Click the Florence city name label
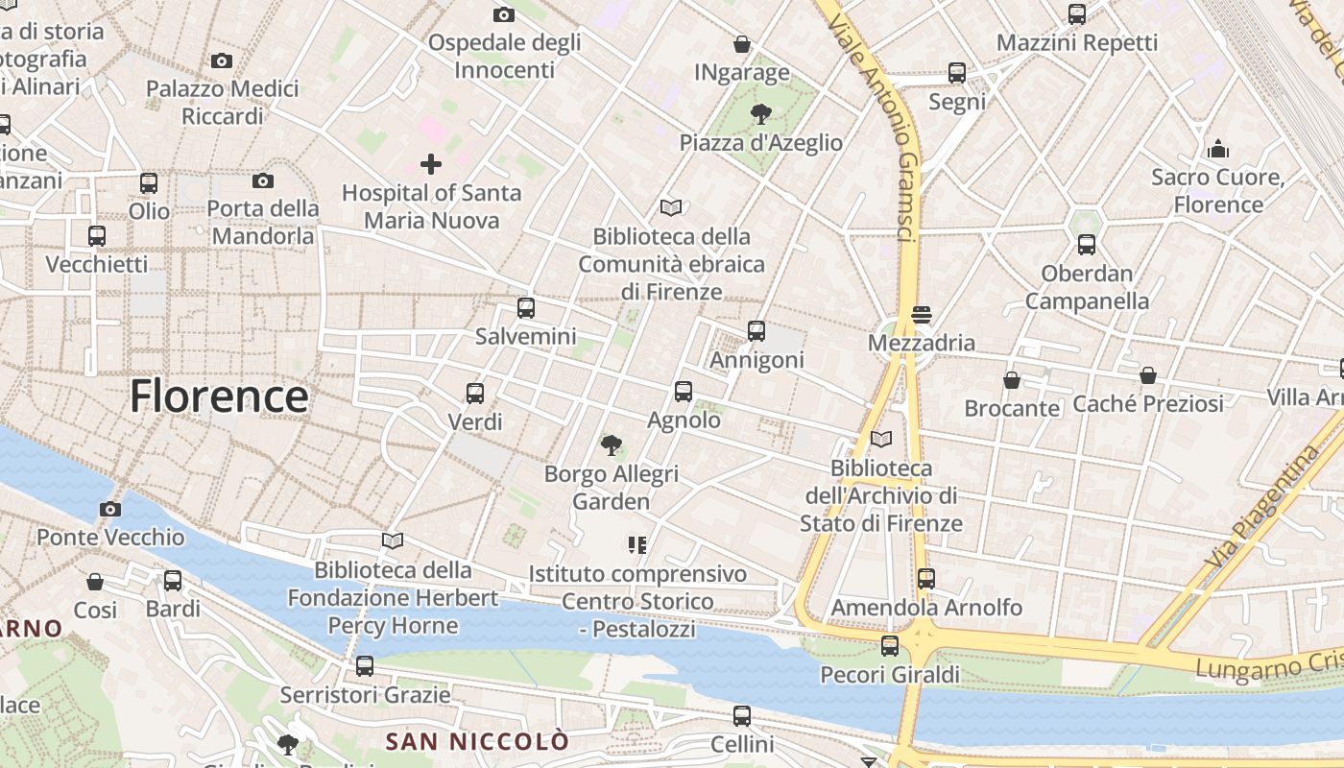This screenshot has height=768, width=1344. (x=219, y=396)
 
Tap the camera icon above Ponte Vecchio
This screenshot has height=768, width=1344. (x=110, y=509)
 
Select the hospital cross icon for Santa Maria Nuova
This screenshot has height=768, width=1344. (x=431, y=164)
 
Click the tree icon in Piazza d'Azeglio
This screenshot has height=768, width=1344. (x=761, y=115)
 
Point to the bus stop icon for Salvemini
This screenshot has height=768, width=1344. (x=526, y=308)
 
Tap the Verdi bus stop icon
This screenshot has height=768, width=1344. (x=475, y=393)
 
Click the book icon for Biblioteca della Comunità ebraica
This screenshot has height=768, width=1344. (x=671, y=207)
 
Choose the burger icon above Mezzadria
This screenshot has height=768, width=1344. (x=922, y=314)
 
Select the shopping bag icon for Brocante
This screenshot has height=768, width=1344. (x=1012, y=380)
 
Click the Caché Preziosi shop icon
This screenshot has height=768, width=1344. (x=1148, y=375)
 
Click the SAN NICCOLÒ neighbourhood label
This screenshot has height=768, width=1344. (x=477, y=741)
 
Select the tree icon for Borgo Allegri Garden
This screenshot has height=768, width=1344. (x=611, y=445)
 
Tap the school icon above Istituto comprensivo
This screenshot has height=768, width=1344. (x=636, y=545)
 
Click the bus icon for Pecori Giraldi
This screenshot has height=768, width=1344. (x=890, y=645)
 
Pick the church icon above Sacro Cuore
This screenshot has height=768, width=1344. (x=1218, y=149)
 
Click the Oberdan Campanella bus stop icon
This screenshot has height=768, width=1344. (x=1087, y=245)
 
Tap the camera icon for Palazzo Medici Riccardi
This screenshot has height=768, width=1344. (x=222, y=61)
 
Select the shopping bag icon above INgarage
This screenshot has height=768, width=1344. (x=741, y=44)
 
